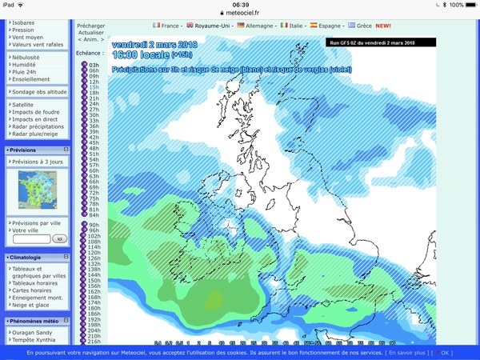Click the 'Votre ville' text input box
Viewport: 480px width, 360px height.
[32, 238]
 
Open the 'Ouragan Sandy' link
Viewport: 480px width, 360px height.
[33, 331]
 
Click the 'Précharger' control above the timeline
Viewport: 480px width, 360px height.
[90, 26]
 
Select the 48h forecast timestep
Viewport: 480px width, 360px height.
[94, 148]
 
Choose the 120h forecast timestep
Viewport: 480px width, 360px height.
[94, 253]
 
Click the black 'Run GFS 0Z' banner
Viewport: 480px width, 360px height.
[381, 42]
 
